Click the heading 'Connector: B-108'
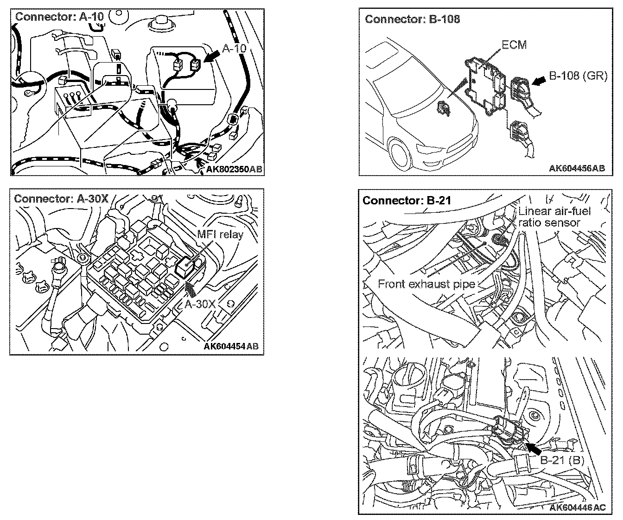[412, 19]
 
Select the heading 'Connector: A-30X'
[61, 199]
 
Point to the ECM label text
[514, 45]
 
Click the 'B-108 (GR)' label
[578, 76]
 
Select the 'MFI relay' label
[220, 235]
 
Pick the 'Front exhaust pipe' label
[426, 284]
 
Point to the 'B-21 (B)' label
[562, 460]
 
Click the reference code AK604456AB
[577, 168]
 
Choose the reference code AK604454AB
[231, 346]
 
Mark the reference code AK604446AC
[577, 507]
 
